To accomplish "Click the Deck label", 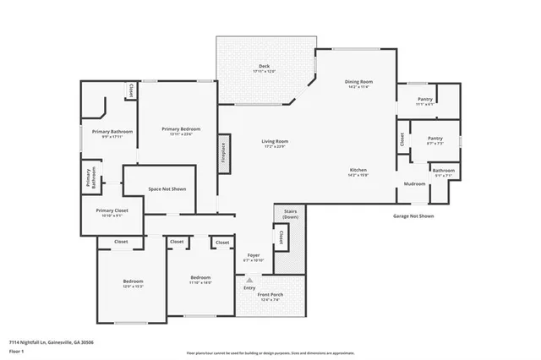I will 265,66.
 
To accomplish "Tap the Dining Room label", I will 360,82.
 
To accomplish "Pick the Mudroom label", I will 414,183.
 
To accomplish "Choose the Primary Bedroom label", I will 181,128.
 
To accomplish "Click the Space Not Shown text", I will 167,189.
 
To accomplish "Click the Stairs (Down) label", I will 289,215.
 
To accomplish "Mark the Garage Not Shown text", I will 413,215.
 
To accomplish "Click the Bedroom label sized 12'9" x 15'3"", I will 132,281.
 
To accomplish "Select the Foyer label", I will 253,254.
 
